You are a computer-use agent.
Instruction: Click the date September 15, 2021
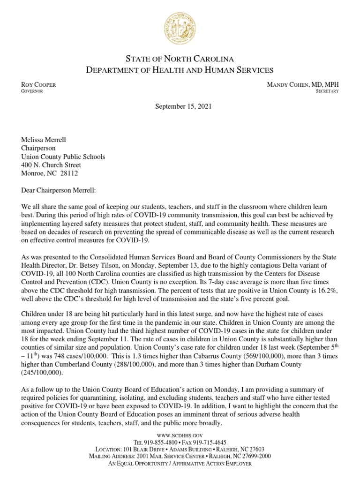point(184,106)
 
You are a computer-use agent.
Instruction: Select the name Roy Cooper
point(39,85)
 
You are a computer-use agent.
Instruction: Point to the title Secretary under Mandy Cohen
point(327,91)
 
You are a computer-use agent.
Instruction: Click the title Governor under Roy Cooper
point(32,91)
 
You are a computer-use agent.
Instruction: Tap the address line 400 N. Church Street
point(51,165)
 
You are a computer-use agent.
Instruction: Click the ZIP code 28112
point(68,173)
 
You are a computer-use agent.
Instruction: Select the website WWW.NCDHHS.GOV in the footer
point(180,435)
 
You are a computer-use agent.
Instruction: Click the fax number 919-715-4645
point(210,442)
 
